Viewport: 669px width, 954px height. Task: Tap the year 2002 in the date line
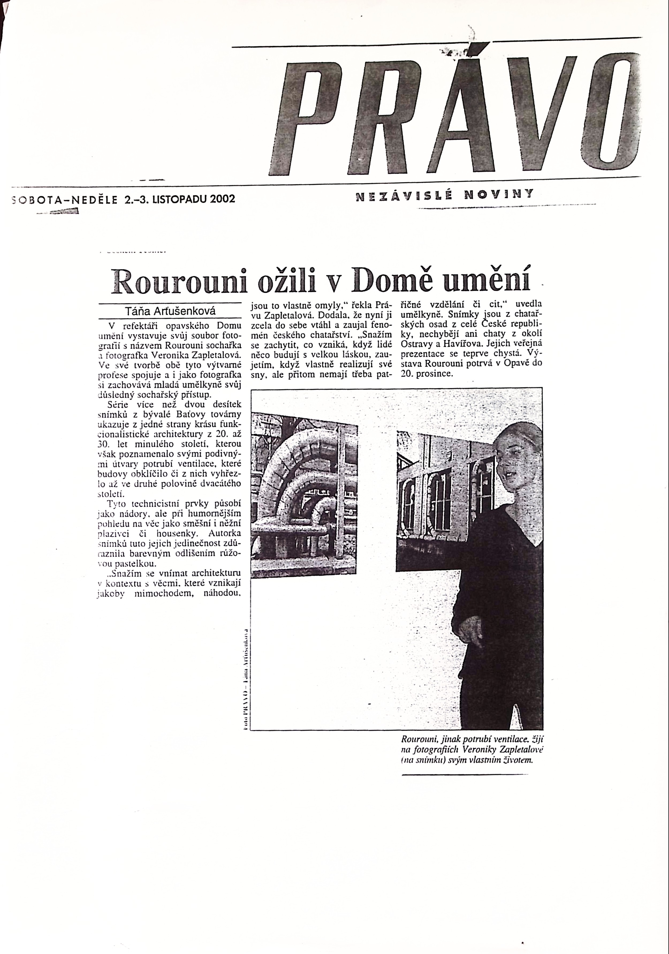point(222,199)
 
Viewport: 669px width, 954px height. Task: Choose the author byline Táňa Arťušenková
point(170,311)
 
